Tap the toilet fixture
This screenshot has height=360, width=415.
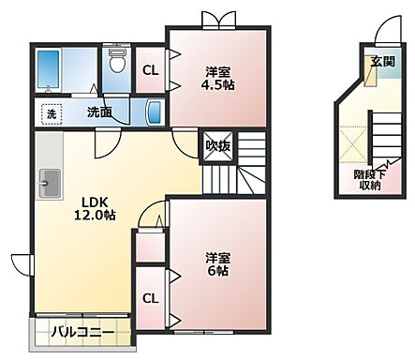pyautogui.click(x=117, y=64)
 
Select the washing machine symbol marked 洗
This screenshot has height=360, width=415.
pyautogui.click(x=50, y=112)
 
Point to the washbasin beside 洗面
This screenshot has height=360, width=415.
pyautogui.click(x=154, y=112)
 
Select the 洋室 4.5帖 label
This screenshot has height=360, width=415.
pyautogui.click(x=217, y=77)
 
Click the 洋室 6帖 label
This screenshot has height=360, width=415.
pyautogui.click(x=217, y=263)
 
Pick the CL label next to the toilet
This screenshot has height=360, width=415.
pyautogui.click(x=150, y=69)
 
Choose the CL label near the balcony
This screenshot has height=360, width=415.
pyautogui.click(x=150, y=298)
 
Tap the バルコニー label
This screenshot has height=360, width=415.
pyautogui.click(x=82, y=331)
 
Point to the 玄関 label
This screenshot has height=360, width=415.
pyautogui.click(x=381, y=63)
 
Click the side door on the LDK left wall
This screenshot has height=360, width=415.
pyautogui.click(x=21, y=263)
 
